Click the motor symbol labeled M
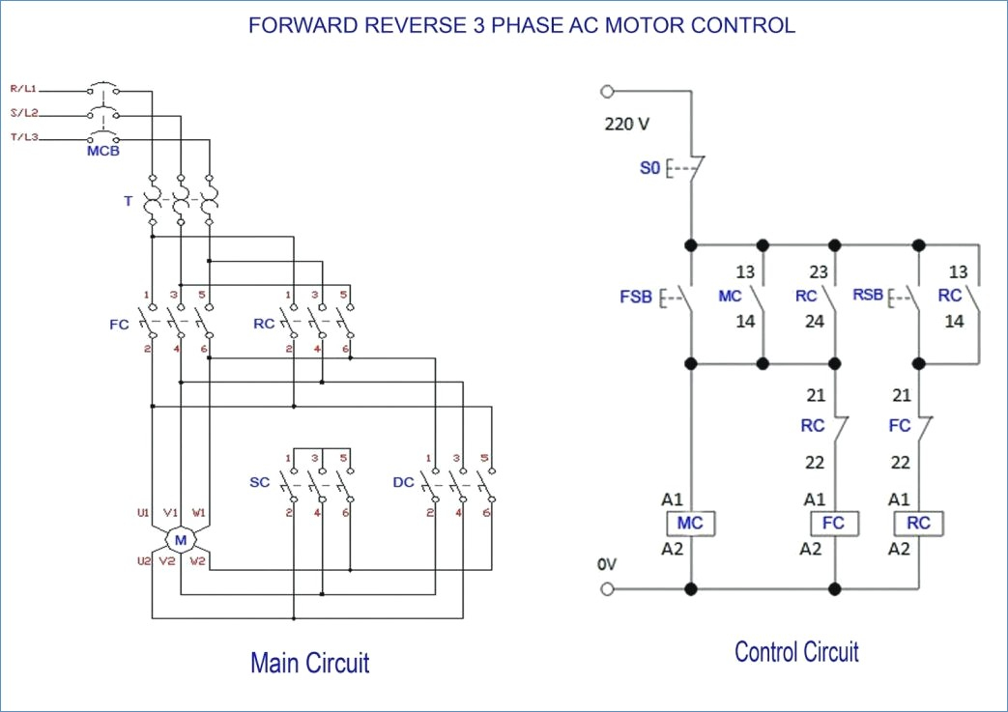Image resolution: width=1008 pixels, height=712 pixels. click(x=181, y=540)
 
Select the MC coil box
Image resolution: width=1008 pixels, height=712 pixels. click(x=690, y=523)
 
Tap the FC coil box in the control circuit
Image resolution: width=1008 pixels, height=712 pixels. click(x=834, y=523)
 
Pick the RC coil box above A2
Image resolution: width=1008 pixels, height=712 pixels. click(x=919, y=523)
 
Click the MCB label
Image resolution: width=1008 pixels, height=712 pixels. click(x=103, y=151)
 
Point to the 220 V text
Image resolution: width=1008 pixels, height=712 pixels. click(x=627, y=124)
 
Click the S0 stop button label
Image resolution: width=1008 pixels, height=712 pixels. click(x=649, y=168)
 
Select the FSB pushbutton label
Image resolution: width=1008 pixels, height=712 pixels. click(x=636, y=297)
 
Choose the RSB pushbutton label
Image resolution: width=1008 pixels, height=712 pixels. click(x=868, y=295)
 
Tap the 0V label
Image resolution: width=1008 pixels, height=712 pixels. click(x=607, y=564)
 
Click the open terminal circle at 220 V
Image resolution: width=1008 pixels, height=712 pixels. click(x=608, y=91)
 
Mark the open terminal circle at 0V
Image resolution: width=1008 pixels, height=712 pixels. click(x=608, y=588)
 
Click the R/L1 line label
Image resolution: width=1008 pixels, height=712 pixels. click(x=23, y=89)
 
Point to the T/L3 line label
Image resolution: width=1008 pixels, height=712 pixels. click(x=24, y=137)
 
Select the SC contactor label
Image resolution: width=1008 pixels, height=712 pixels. click(x=260, y=482)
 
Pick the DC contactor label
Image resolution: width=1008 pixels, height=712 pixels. click(x=403, y=482)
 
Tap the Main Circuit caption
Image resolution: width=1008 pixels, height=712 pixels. click(x=310, y=663)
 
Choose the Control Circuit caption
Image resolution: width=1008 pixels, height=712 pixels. click(x=796, y=651)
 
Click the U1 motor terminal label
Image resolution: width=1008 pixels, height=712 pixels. click(x=143, y=513)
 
